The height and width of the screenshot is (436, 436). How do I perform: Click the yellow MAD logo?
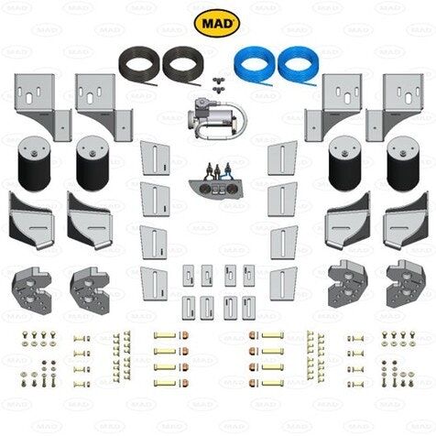[217, 23]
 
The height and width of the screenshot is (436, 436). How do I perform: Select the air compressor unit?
[216, 118]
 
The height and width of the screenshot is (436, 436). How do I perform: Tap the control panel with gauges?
[217, 182]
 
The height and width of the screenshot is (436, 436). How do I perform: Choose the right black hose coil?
[181, 64]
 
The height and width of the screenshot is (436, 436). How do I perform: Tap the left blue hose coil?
[254, 64]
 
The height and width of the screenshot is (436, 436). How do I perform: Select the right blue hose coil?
[298, 64]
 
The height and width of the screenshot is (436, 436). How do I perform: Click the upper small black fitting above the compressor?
[218, 81]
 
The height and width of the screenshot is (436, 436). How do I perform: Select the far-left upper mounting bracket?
[43, 107]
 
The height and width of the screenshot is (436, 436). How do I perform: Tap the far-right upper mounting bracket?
[395, 107]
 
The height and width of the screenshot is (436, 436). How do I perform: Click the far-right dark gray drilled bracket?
[406, 284]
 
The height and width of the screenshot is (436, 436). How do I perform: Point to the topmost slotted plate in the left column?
[155, 158]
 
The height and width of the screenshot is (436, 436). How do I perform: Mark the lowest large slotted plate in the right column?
[283, 284]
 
